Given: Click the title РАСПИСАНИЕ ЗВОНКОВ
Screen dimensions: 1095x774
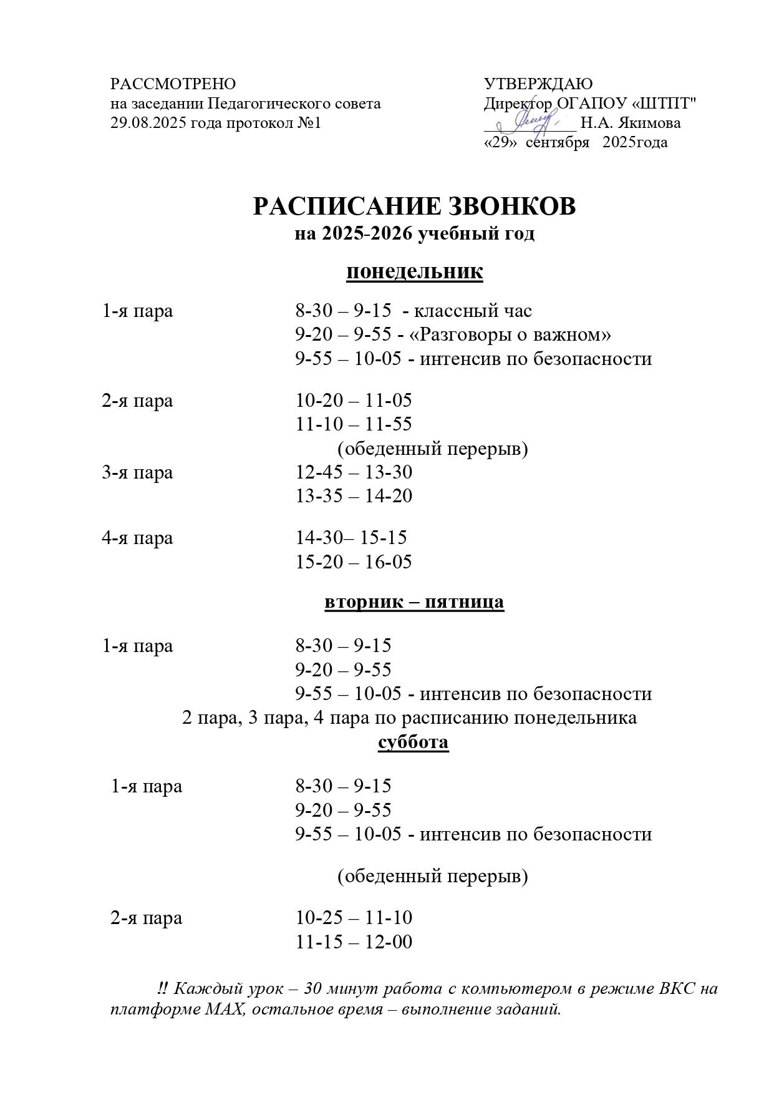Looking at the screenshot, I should pyautogui.click(x=414, y=207).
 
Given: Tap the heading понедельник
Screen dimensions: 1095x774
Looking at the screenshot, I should pyautogui.click(x=414, y=273).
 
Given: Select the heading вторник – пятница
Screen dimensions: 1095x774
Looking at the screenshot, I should pyautogui.click(x=414, y=603).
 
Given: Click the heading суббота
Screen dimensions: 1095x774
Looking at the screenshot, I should pyautogui.click(x=414, y=742).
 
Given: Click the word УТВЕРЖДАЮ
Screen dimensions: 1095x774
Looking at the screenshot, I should pyautogui.click(x=538, y=84).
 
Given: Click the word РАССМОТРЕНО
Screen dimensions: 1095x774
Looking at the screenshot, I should pyautogui.click(x=173, y=84).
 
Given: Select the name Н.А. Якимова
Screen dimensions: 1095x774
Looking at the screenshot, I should pyautogui.click(x=631, y=123).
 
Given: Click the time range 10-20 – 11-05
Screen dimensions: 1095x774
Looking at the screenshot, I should pyautogui.click(x=354, y=401).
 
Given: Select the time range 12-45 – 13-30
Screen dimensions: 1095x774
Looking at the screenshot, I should pyautogui.click(x=354, y=472).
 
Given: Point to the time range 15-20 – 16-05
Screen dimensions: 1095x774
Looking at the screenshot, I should pyautogui.click(x=354, y=562).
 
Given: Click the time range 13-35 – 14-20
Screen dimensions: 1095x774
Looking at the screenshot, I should pyautogui.click(x=354, y=497).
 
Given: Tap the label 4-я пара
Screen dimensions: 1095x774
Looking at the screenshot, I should pyautogui.click(x=137, y=538).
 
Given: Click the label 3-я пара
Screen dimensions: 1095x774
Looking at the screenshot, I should pyautogui.click(x=137, y=472).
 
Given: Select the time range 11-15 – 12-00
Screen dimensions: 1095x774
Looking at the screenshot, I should pyautogui.click(x=354, y=942).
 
